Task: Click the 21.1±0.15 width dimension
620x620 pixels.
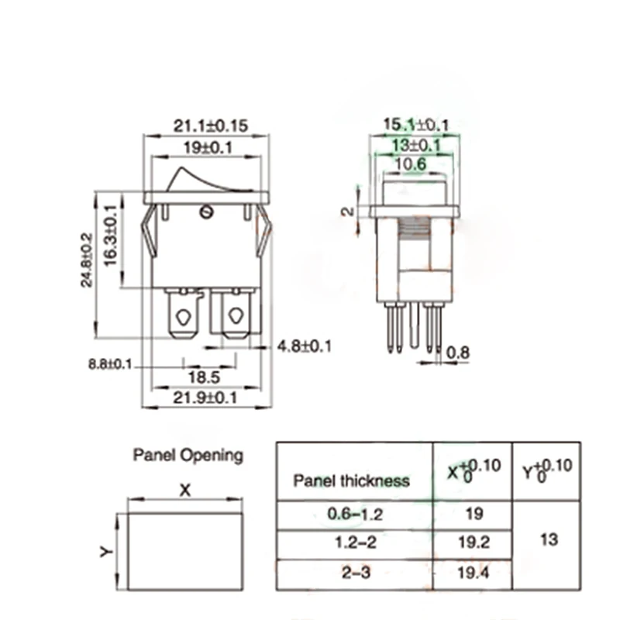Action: click(x=211, y=126)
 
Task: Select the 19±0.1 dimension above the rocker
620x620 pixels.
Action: click(x=208, y=148)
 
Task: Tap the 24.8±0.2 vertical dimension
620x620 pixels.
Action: click(x=87, y=260)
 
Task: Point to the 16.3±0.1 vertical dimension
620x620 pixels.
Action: click(x=111, y=236)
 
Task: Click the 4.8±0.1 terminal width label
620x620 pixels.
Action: click(x=304, y=346)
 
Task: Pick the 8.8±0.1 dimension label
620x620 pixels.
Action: click(x=110, y=363)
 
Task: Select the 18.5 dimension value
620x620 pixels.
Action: click(x=204, y=377)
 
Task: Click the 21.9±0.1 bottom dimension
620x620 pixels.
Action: click(x=205, y=398)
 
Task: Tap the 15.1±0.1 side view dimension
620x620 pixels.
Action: click(x=416, y=125)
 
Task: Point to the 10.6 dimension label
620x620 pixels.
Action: click(x=411, y=164)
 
